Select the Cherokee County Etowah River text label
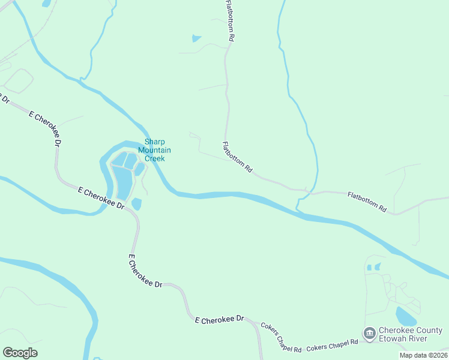pos(411,334)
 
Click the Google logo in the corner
pos(20,352)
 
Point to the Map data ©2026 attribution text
pos(423,355)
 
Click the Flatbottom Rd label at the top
pos(229,20)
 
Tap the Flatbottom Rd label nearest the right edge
pos(367,202)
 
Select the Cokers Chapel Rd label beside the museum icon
pos(332,345)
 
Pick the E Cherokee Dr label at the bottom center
pos(220,319)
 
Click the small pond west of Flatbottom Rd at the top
pos(196,39)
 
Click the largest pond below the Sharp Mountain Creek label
pos(123,182)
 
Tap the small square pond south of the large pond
pos(136,204)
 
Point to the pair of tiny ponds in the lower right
pos(373,266)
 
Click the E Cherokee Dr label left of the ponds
pos(101,197)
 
